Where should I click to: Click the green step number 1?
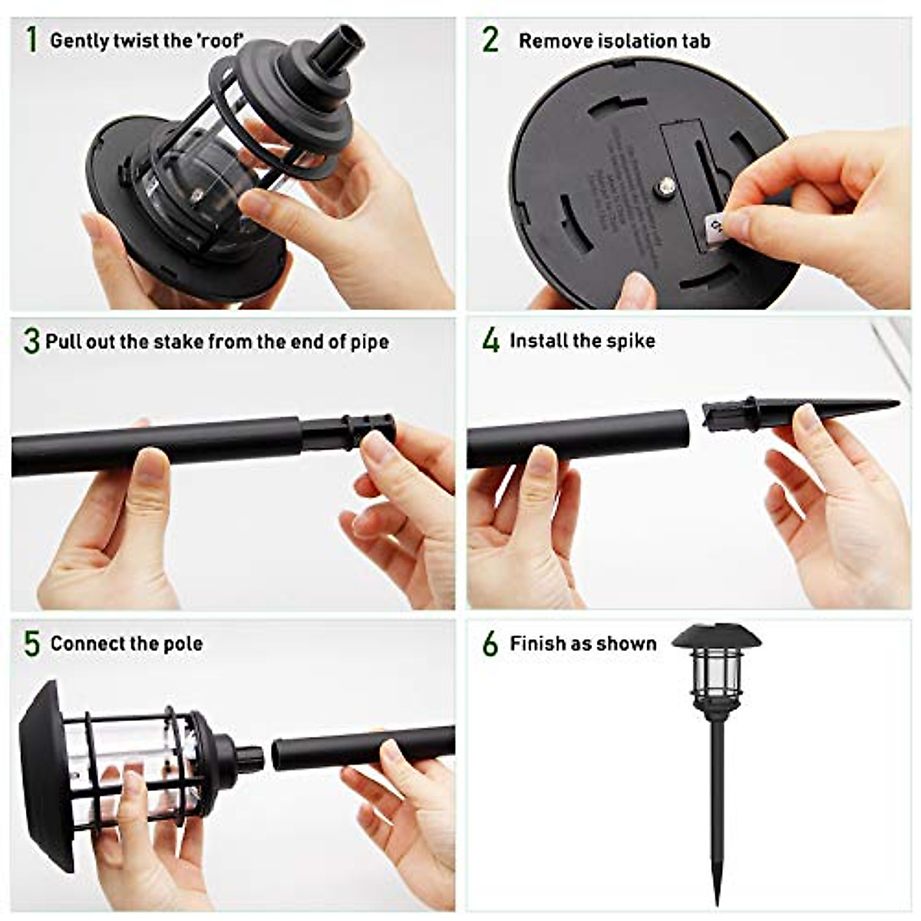point(31,40)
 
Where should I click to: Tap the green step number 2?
point(490,40)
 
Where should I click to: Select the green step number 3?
point(31,341)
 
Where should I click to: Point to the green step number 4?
point(490,340)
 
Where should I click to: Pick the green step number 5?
point(31,644)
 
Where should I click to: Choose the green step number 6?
point(490,644)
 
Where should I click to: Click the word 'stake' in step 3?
point(179,341)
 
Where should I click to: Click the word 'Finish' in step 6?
point(537,643)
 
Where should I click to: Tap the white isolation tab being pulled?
point(715,228)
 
